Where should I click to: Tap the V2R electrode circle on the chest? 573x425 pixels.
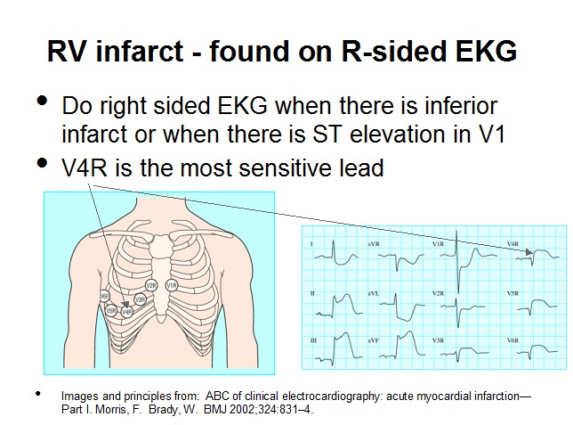151,285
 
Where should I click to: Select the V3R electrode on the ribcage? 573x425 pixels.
140,300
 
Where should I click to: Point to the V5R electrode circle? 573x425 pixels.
111,311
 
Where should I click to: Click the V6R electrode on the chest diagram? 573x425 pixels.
105,296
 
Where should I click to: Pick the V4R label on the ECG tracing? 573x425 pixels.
512,243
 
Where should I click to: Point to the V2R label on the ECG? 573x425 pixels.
438,292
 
